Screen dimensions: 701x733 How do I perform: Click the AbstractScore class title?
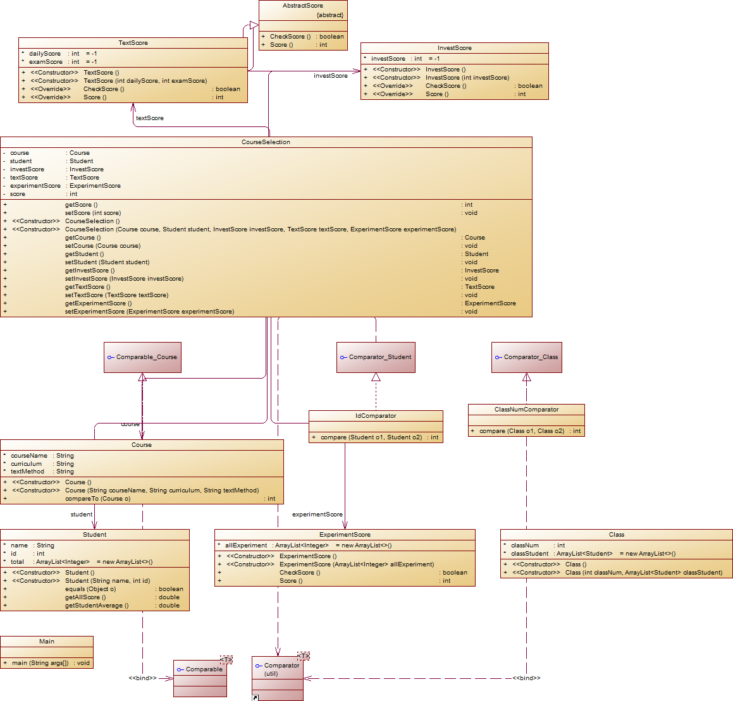303,6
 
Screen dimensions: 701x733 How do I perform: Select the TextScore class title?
133,43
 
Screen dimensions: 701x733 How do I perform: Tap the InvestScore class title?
454,48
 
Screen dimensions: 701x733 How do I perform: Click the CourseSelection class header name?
266,142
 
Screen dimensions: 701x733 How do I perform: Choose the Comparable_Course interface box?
142,357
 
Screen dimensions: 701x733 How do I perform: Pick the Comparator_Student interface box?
376,357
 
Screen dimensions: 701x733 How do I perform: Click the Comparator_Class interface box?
526,357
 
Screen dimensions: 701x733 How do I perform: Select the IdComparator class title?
376,416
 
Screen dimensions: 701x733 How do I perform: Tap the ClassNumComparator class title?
526,410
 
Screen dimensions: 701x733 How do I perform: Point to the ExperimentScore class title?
345,535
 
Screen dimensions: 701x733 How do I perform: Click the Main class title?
47,642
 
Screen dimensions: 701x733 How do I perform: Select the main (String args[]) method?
40,663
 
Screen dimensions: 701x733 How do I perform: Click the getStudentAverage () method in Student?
97,606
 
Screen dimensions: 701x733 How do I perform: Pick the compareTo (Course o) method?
97,499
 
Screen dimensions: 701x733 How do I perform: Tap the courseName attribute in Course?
29,456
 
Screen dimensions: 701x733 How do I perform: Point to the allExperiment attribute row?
246,546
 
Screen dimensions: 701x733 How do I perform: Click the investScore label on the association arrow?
331,76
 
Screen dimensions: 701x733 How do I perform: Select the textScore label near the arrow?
150,118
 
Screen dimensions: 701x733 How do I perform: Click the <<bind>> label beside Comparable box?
142,678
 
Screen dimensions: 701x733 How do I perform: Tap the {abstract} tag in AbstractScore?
330,15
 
